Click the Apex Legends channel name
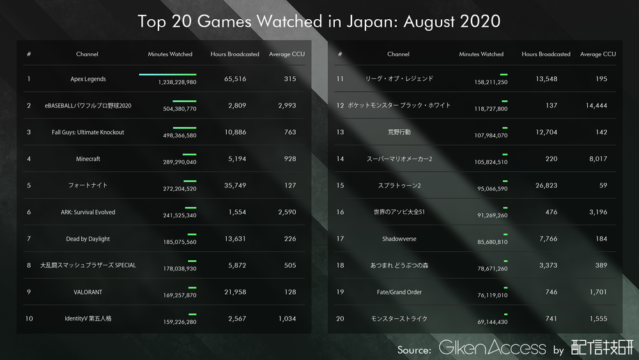(x=88, y=79)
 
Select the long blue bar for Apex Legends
(x=167, y=75)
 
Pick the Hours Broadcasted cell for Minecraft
(x=238, y=159)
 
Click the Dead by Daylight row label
(x=88, y=239)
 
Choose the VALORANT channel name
(x=88, y=292)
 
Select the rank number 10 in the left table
(x=29, y=318)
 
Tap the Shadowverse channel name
(x=399, y=239)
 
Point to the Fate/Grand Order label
(x=399, y=292)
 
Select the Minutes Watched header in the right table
(x=481, y=54)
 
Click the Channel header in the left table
(x=87, y=54)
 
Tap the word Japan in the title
(x=353, y=21)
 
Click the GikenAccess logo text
(x=492, y=348)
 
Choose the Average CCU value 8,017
(x=597, y=159)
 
